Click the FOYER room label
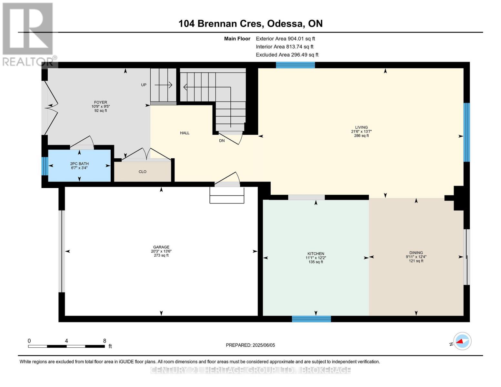pos(101,103)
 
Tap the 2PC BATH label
pos(79,164)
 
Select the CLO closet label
pos(143,172)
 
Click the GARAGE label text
pos(161,247)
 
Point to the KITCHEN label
pos(316,254)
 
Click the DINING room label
pos(416,253)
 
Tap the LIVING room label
pos(361,127)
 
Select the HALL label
pos(185,133)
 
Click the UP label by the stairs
pos(144,85)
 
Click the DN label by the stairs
pos(222,141)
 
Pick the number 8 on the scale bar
pos(105,341)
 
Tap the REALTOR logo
pos(28,34)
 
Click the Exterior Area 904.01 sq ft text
pos(285,39)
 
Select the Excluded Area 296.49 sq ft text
pos(287,55)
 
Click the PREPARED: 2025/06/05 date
pos(250,345)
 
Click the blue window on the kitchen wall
pos(311,319)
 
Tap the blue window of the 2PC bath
pos(45,166)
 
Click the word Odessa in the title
pos(286,24)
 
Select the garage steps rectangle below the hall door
pos(227,195)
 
